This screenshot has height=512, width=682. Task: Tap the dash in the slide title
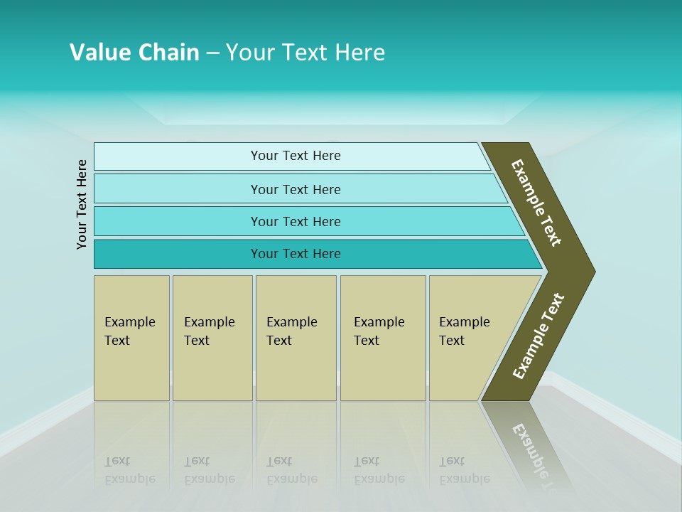(x=212, y=53)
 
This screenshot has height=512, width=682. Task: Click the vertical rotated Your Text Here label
(x=82, y=204)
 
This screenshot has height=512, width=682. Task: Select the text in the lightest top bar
(x=296, y=156)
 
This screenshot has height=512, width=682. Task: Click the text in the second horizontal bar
(x=296, y=190)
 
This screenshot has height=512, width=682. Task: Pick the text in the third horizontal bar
(x=296, y=222)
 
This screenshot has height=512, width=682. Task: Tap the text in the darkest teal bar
(x=296, y=254)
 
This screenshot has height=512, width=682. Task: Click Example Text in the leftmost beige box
(x=129, y=331)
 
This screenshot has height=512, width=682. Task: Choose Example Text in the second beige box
(x=209, y=331)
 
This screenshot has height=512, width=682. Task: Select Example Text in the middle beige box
(x=291, y=331)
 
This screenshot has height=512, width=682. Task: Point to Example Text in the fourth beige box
(x=379, y=331)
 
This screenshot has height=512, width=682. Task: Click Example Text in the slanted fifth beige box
(x=464, y=331)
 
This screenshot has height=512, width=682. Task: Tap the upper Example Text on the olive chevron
(x=536, y=203)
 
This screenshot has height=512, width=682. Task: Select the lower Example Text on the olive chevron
(x=538, y=336)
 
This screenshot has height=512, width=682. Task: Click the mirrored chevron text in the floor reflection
(x=536, y=455)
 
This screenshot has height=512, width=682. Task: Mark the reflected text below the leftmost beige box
(x=129, y=470)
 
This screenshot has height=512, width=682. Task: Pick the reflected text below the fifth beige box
(x=464, y=470)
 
